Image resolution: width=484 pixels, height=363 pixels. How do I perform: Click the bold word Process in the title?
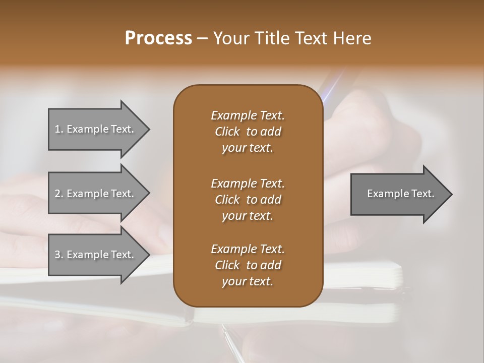coord(158,38)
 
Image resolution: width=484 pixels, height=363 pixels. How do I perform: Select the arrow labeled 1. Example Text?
coord(96,129)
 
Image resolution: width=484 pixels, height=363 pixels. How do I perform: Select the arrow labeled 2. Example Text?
coord(96,194)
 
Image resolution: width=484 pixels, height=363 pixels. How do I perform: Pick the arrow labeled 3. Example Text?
coord(96,255)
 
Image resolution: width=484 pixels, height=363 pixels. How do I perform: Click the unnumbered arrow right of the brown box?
coord(398,194)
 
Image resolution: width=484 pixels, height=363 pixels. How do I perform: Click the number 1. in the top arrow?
coord(59,129)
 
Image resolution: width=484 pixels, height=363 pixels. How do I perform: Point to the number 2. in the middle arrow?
coord(59,194)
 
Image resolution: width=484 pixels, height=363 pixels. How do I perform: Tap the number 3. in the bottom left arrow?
coord(59,255)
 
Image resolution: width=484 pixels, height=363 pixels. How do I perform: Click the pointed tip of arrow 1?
coord(148,129)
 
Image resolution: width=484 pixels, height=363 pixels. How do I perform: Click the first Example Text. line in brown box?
coord(248,115)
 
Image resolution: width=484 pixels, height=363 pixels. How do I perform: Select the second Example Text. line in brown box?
coord(248,183)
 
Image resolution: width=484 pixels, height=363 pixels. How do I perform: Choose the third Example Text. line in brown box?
coord(248,249)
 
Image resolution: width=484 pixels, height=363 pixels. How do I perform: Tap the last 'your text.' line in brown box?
coord(248,282)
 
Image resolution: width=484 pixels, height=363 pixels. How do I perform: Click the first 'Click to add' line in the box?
coord(248,132)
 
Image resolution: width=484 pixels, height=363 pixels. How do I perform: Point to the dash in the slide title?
coord(203,38)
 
